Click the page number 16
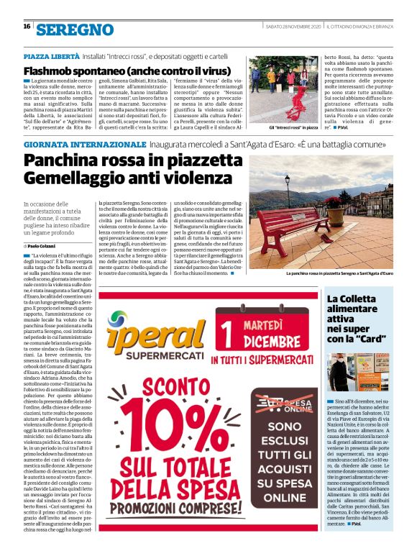(x=27, y=27)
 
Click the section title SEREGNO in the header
(x=75, y=29)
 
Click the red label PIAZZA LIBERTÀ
(x=51, y=56)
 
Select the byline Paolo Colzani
(x=45, y=246)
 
